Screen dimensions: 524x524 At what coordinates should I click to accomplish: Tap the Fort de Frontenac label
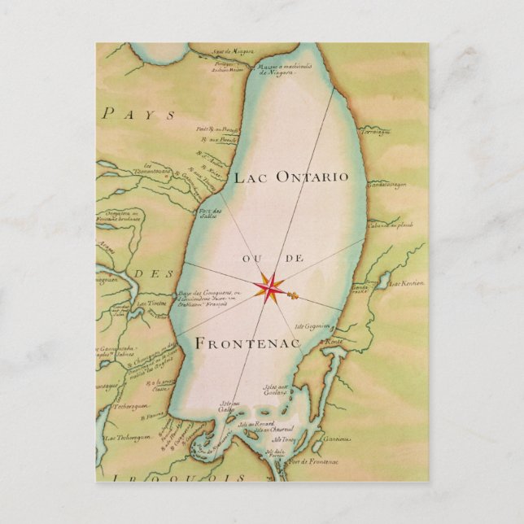307,461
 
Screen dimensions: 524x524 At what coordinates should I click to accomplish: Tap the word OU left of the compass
250,259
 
